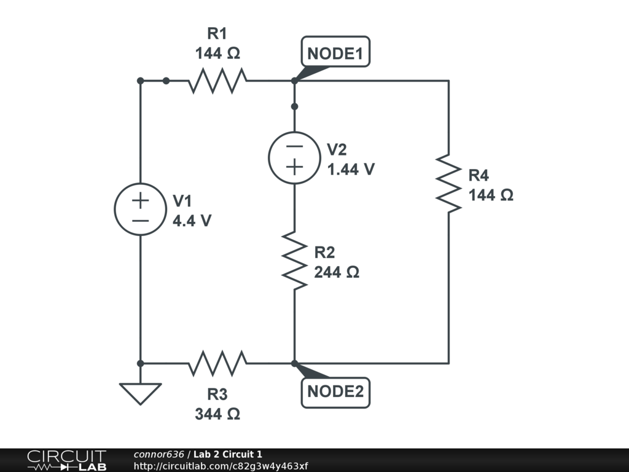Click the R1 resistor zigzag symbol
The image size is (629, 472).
pyautogui.click(x=217, y=81)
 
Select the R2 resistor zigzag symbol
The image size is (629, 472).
pyautogui.click(x=294, y=261)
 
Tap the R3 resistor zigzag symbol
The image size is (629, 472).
pyautogui.click(x=217, y=363)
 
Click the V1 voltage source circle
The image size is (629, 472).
pyautogui.click(x=141, y=209)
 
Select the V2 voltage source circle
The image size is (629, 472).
pyautogui.click(x=294, y=157)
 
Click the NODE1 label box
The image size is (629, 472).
pyautogui.click(x=335, y=53)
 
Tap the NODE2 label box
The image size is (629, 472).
pyautogui.click(x=335, y=391)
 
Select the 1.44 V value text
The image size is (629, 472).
pyautogui.click(x=351, y=170)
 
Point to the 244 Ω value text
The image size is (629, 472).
pyautogui.click(x=337, y=272)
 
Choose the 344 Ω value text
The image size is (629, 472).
pyautogui.click(x=217, y=414)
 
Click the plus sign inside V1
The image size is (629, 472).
pyautogui.click(x=141, y=200)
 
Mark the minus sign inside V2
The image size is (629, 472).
pyautogui.click(x=294, y=147)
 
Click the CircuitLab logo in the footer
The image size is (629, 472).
pyautogui.click(x=66, y=460)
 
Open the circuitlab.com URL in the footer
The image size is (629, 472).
pyautogui.click(x=221, y=466)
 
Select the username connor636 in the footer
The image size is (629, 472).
pyautogui.click(x=158, y=454)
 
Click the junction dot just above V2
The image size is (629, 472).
pyautogui.click(x=294, y=106)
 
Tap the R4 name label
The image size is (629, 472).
pyautogui.click(x=479, y=176)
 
